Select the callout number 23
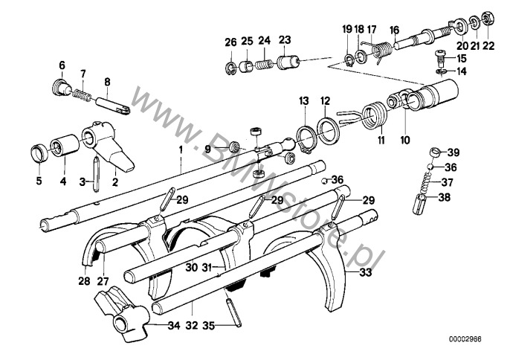pyautogui.click(x=285, y=40)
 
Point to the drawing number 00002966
pyautogui.click(x=465, y=339)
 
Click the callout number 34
pyautogui.click(x=174, y=325)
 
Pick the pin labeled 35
pyautogui.click(x=232, y=309)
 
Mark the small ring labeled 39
pyautogui.click(x=435, y=152)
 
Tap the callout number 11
pyautogui.click(x=381, y=141)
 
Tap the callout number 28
pyautogui.click(x=84, y=280)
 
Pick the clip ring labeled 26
pyautogui.click(x=230, y=68)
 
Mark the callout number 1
pyautogui.click(x=181, y=150)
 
